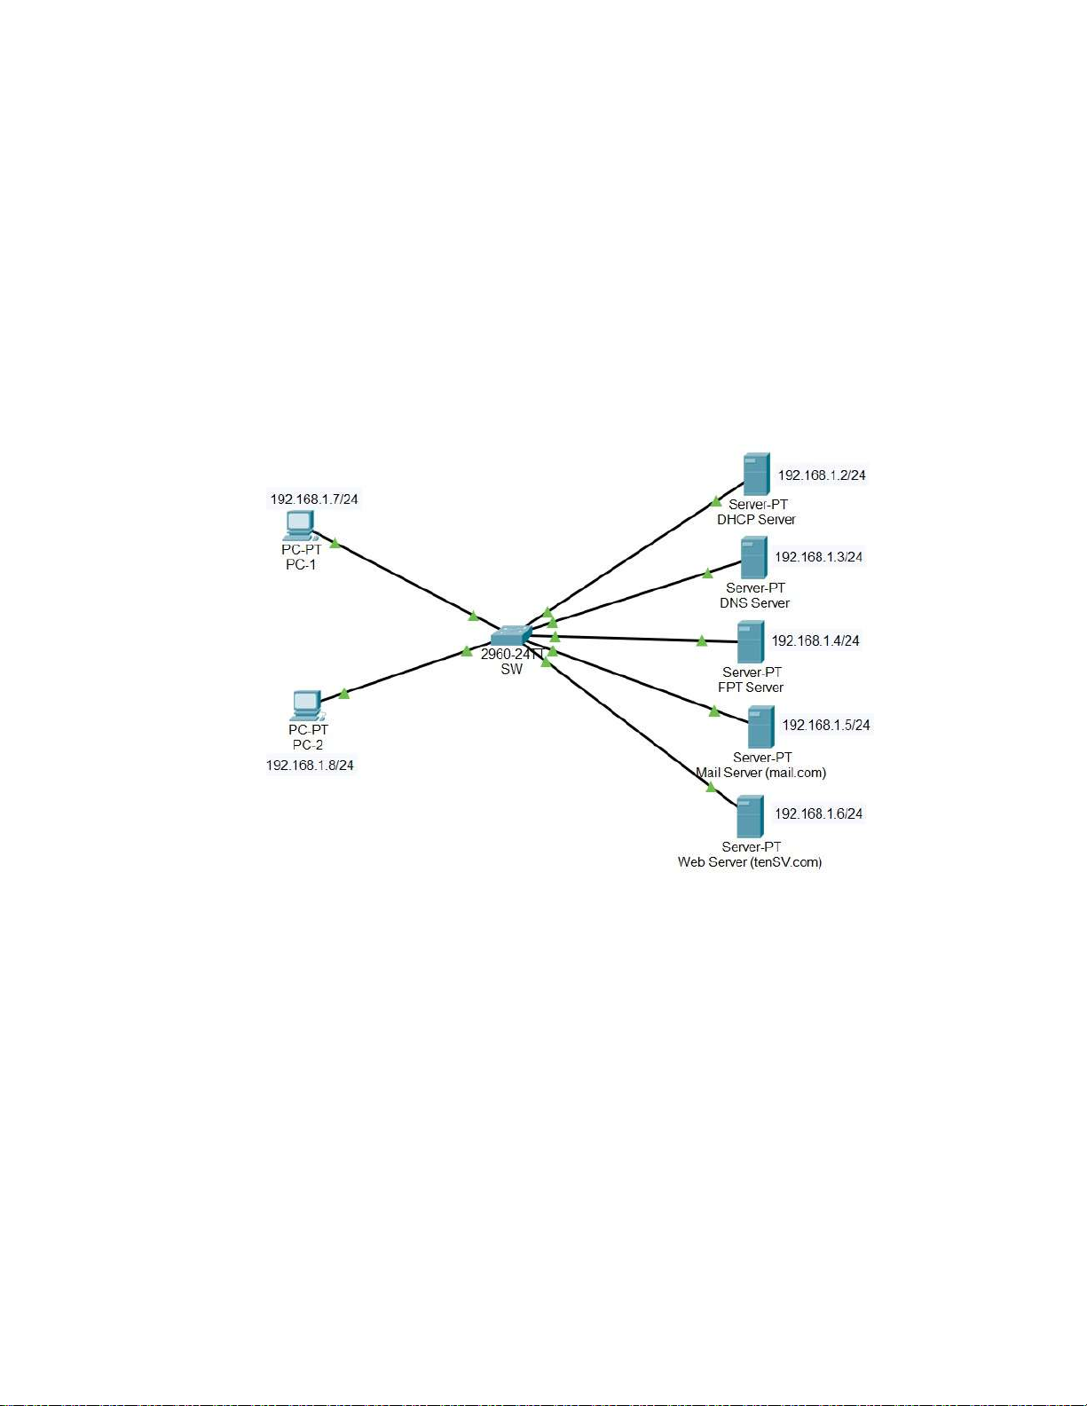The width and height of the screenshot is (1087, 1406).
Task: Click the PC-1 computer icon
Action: (x=300, y=525)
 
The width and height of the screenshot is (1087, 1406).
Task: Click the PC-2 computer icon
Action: (x=307, y=705)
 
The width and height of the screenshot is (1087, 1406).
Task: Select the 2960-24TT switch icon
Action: (x=511, y=635)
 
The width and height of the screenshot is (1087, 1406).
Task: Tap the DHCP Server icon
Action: (x=756, y=475)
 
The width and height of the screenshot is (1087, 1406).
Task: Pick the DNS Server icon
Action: (x=753, y=558)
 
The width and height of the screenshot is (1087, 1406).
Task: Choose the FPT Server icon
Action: (x=750, y=642)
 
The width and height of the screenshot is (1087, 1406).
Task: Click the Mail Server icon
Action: (x=760, y=727)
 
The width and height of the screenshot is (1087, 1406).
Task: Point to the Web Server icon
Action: (x=750, y=816)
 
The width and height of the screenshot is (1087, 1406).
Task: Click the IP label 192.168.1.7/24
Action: (x=314, y=499)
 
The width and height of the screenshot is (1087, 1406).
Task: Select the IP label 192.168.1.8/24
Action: (x=310, y=765)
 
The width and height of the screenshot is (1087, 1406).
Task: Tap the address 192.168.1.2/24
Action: (x=822, y=475)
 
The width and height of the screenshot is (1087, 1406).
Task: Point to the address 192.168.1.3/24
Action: (x=818, y=557)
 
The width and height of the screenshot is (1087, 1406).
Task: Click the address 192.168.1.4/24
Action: (x=815, y=640)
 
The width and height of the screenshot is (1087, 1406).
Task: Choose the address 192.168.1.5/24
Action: (x=825, y=725)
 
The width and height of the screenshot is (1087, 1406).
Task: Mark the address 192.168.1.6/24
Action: (x=818, y=813)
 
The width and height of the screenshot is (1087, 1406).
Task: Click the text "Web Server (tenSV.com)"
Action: (x=750, y=862)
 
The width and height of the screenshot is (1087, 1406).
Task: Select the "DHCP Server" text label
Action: (x=756, y=520)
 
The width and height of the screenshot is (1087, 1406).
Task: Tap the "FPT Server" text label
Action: (x=751, y=687)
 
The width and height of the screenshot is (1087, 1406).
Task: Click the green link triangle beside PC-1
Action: (x=335, y=543)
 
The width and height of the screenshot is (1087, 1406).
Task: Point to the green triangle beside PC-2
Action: (x=344, y=694)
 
